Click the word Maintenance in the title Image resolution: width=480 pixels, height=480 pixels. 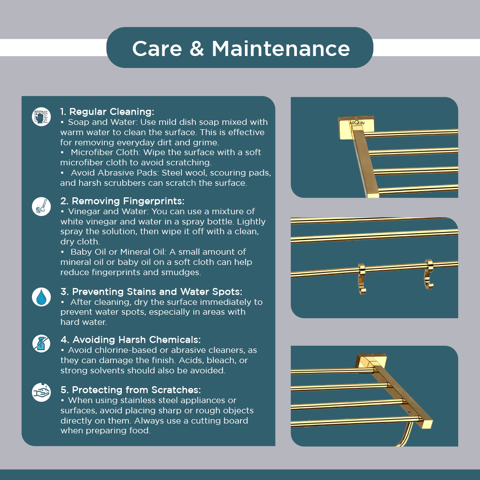coord(281,49)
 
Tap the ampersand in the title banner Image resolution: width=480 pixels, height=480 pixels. coord(197,49)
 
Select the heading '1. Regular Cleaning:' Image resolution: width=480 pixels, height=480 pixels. coord(107,112)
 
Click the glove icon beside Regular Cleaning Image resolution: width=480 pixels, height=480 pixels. coord(41,116)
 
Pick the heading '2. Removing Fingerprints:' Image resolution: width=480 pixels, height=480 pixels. coord(123,201)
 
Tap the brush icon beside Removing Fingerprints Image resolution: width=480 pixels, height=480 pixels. coord(41,206)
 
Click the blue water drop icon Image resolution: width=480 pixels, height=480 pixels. coord(41,297)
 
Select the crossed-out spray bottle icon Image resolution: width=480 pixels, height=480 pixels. coord(41,344)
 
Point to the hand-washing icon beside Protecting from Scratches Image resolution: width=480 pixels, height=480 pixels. coord(41,392)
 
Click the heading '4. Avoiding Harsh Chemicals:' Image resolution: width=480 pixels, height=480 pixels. coord(131,340)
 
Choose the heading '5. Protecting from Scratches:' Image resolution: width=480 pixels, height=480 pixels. coord(131,390)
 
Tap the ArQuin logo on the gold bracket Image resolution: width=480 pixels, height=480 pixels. coord(357,123)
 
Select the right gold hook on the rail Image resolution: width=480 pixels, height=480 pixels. coord(429,273)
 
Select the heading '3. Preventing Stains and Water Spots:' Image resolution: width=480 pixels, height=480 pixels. coord(151,292)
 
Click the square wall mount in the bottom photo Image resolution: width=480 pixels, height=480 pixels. coord(370,360)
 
